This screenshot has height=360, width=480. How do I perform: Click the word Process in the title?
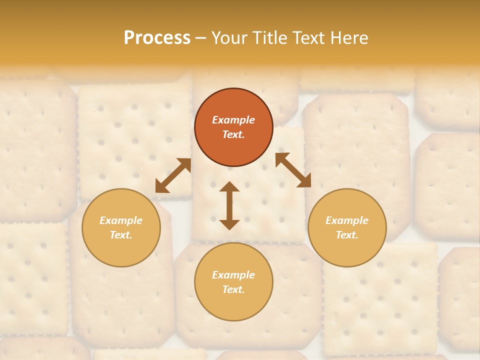(x=157, y=38)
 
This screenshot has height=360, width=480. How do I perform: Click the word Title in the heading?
(x=271, y=38)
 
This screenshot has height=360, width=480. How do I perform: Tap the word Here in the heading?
(x=348, y=38)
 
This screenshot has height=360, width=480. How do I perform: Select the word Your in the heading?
(x=230, y=38)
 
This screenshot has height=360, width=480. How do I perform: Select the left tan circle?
(x=121, y=227)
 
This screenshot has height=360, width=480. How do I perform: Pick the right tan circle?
(x=347, y=227)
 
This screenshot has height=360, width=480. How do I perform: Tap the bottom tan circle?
(x=233, y=282)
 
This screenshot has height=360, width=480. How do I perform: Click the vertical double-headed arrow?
(x=229, y=205)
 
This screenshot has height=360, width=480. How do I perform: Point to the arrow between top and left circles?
(x=173, y=175)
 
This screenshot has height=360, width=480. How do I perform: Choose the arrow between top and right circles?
(x=293, y=170)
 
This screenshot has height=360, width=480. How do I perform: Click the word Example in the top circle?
(x=233, y=120)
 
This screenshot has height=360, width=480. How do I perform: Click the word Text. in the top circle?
(x=233, y=134)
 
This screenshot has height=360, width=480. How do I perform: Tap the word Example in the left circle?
(x=121, y=220)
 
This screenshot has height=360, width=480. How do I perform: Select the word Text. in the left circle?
(x=121, y=235)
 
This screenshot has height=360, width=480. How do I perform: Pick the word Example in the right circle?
(x=347, y=220)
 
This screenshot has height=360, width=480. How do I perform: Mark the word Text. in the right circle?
(x=347, y=235)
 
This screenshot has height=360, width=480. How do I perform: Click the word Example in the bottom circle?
(x=233, y=275)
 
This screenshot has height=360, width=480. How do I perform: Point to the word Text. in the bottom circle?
(x=233, y=289)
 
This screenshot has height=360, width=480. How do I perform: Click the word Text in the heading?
(x=308, y=38)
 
